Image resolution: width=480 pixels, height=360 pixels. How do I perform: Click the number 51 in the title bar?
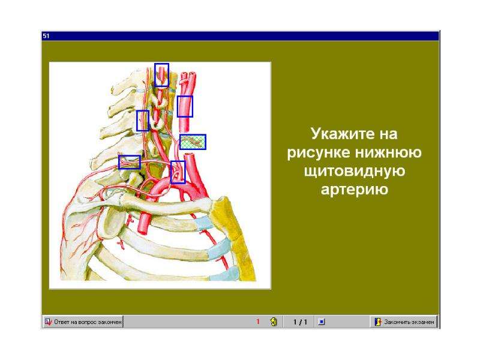[x=46, y=36]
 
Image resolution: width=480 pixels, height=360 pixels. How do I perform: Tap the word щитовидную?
[x=355, y=171]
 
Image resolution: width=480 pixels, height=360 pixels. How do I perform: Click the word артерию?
[x=355, y=190]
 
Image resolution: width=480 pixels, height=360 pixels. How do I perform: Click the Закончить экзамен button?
[x=404, y=322]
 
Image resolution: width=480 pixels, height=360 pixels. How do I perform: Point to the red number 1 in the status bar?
[x=258, y=322]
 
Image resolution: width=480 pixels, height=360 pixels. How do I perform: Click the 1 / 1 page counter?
[x=300, y=322]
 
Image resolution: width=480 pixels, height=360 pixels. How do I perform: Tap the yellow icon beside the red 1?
[x=274, y=322]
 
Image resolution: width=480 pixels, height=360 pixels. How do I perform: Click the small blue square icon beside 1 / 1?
[x=322, y=322]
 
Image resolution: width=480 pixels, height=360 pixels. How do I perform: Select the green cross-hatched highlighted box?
[x=193, y=142]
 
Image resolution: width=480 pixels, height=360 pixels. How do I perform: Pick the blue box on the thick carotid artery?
[x=185, y=107]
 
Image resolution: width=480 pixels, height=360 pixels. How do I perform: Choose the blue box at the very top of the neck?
[x=161, y=75]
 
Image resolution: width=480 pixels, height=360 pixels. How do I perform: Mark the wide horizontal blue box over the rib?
[x=130, y=162]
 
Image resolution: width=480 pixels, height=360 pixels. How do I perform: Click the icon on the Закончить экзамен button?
[x=378, y=322]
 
